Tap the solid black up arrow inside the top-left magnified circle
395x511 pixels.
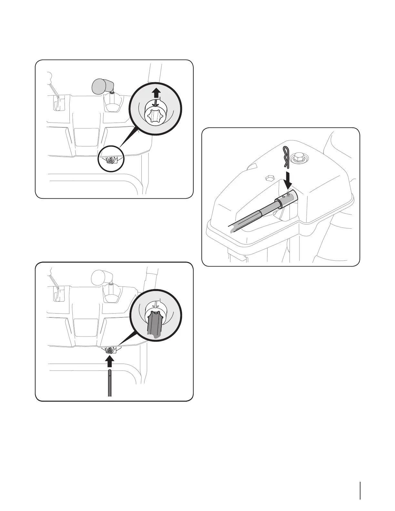point(156,93)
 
